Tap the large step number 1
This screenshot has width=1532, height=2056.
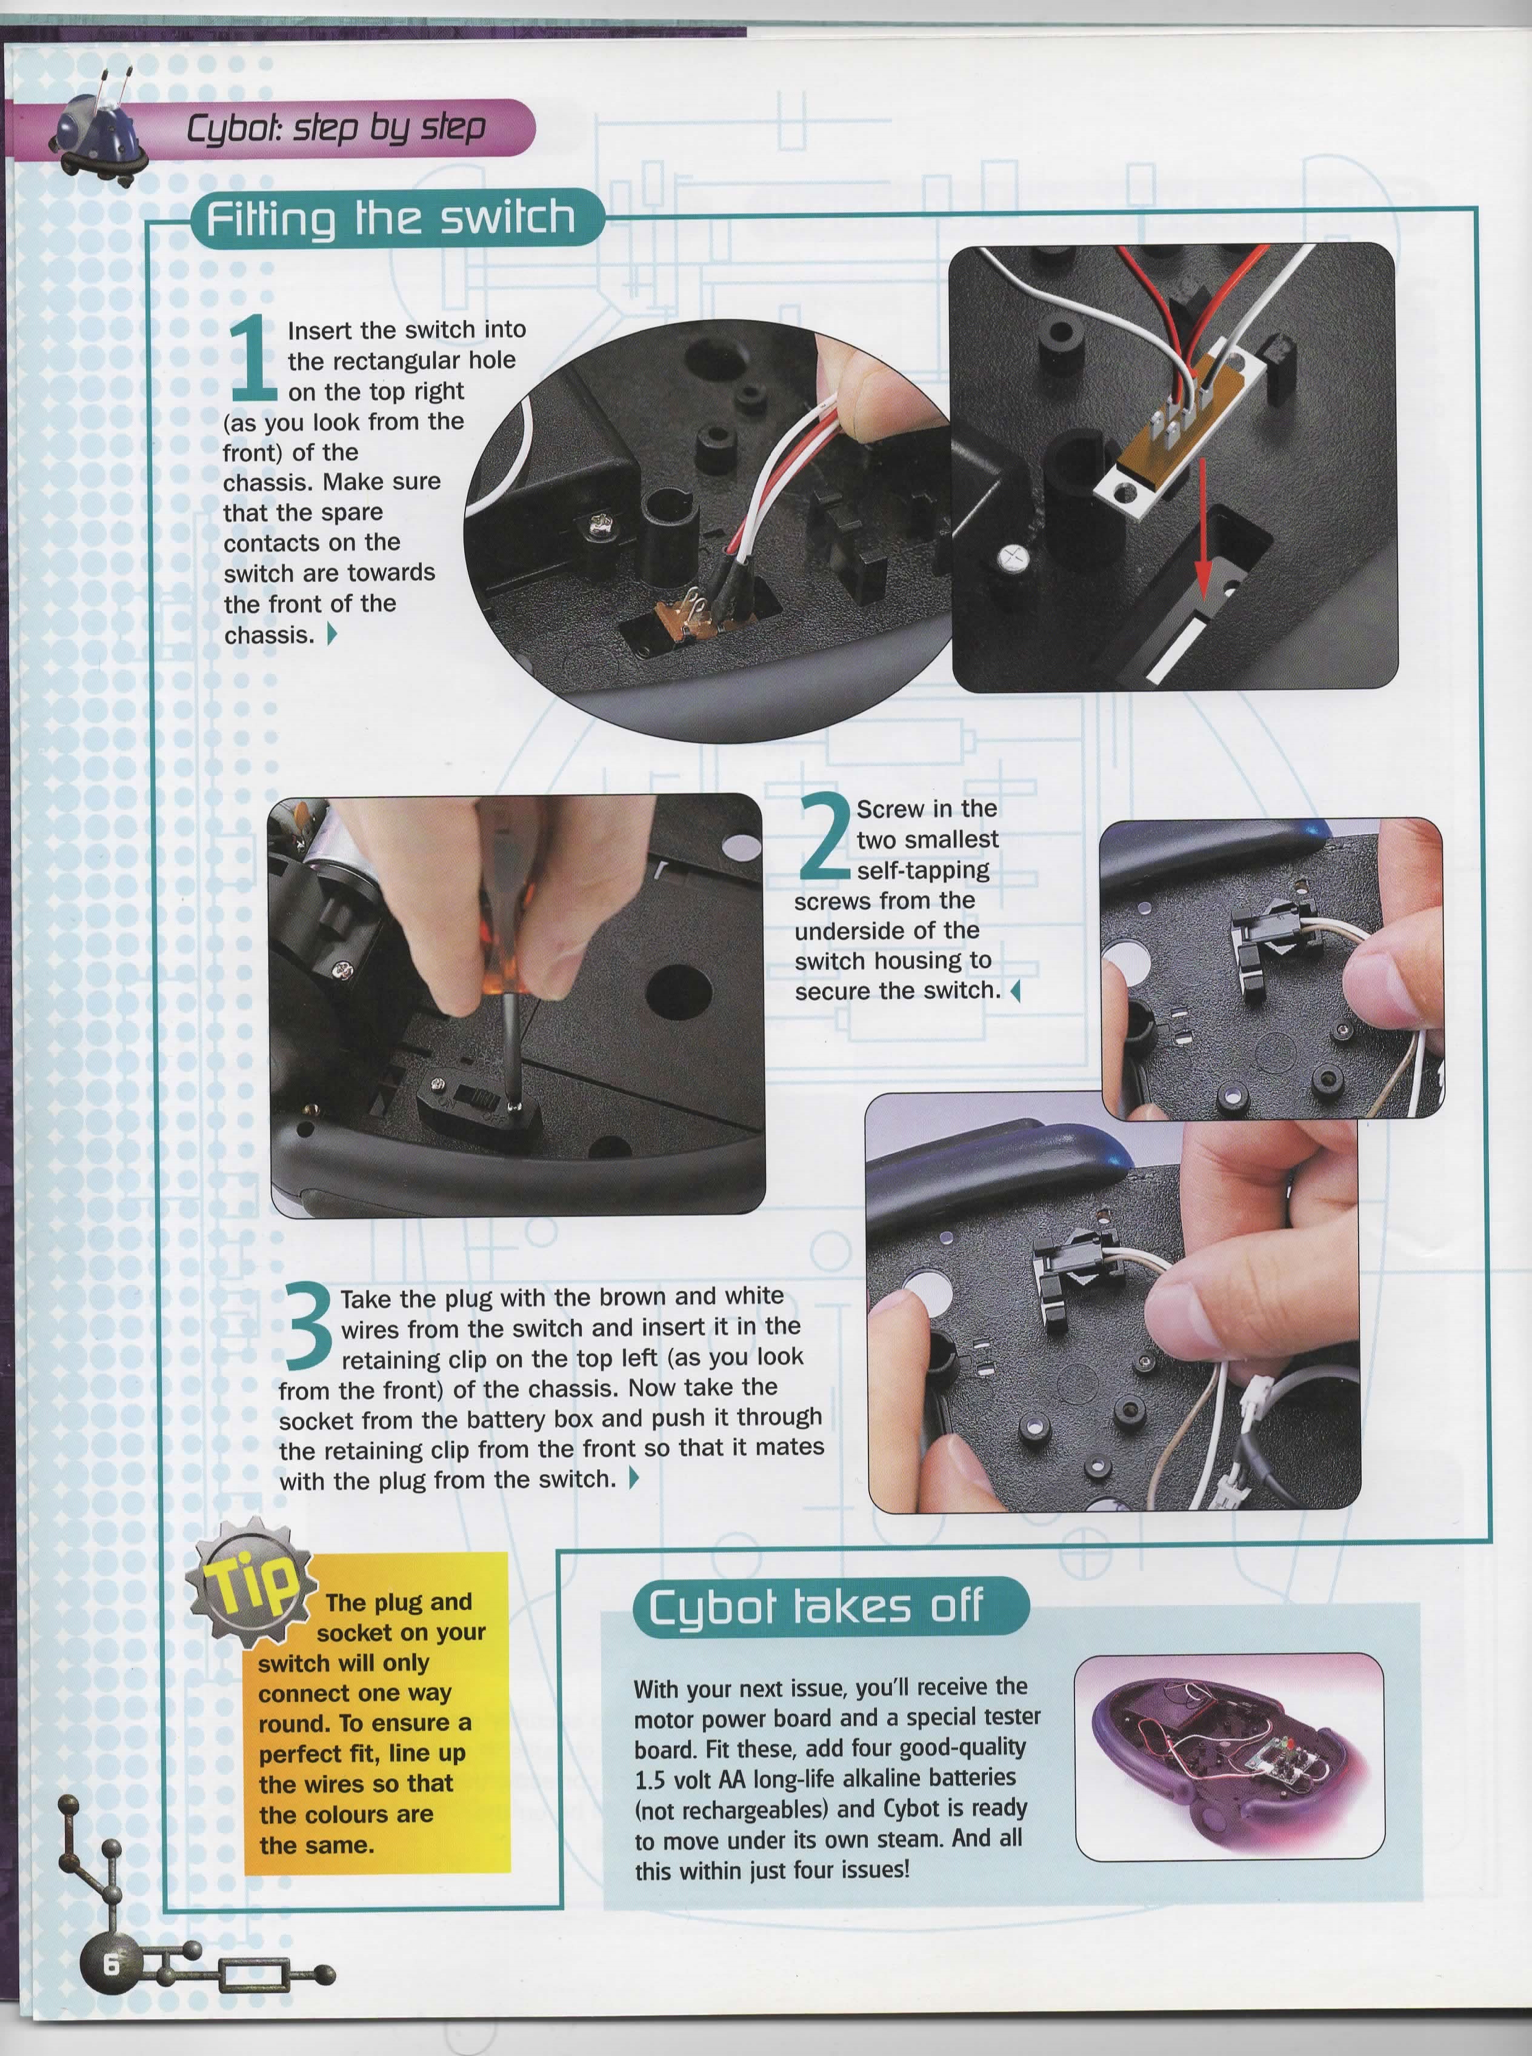(251, 358)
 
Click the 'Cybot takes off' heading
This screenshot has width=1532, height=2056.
(815, 1607)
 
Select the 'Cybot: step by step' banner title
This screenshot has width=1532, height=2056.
(336, 128)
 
